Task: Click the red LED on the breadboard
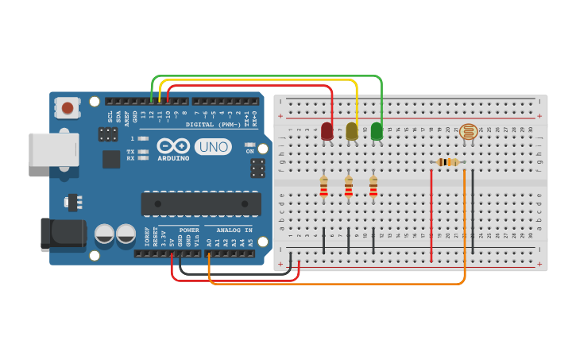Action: tap(327, 131)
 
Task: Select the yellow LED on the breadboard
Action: tap(352, 131)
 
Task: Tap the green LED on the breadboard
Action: tap(377, 130)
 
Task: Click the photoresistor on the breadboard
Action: tap(469, 132)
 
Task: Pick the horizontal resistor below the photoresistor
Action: tap(448, 162)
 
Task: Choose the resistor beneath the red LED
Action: tap(323, 187)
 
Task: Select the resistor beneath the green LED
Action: tap(373, 187)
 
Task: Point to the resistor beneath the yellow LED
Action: tap(349, 187)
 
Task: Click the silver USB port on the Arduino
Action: tap(54, 149)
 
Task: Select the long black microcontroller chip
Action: tap(201, 203)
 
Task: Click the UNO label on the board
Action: tap(213, 147)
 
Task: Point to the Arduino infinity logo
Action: tap(174, 146)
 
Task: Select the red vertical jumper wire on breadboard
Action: tap(431, 215)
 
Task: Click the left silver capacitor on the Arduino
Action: tap(105, 234)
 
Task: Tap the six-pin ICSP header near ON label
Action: tap(257, 168)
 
